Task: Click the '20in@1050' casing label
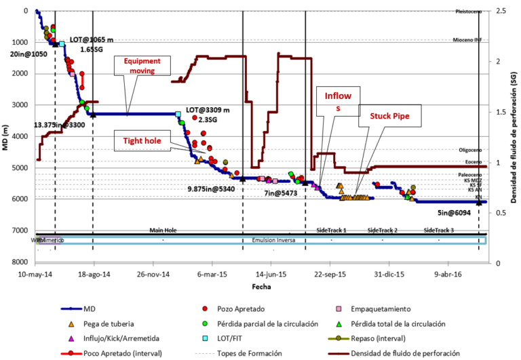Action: coord(29,54)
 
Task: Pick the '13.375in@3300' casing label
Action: coord(60,125)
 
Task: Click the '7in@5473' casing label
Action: coord(282,194)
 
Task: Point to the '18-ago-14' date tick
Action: coord(96,275)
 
